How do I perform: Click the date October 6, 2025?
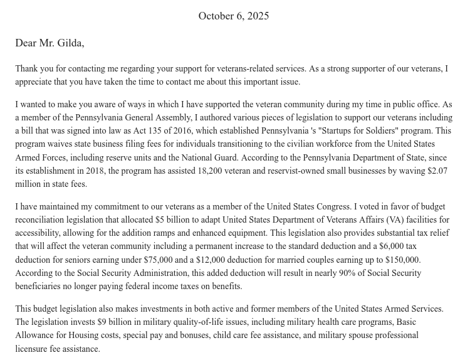coord(233,16)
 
